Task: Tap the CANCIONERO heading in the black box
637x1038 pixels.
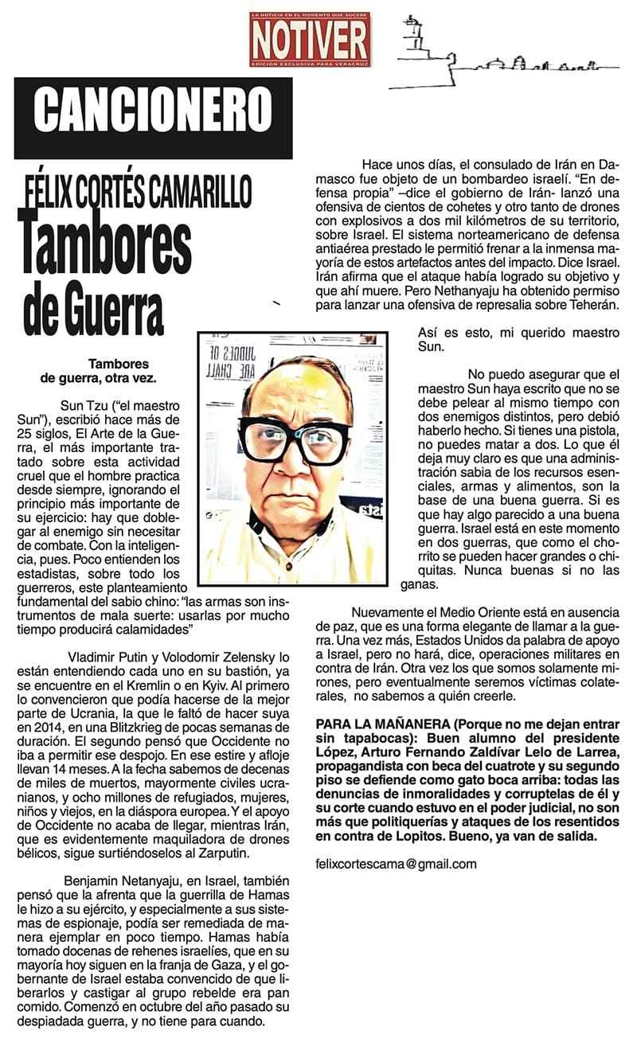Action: coord(153,109)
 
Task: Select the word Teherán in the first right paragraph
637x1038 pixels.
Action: coord(590,306)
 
